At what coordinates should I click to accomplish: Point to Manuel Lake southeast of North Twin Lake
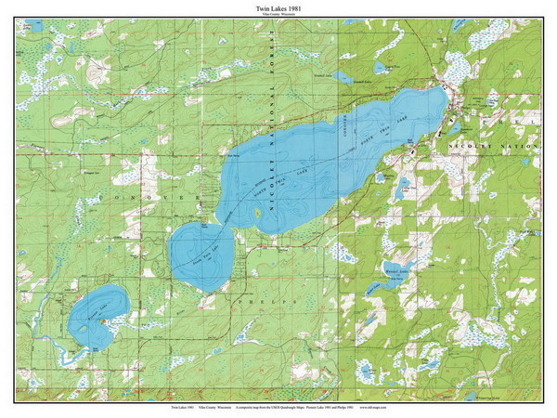click(403, 187)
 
